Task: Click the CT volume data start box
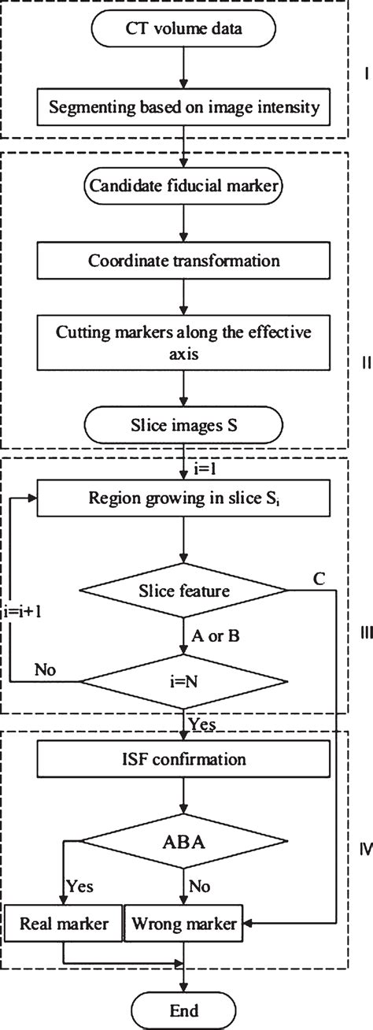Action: pos(184,30)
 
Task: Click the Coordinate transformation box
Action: pos(184,260)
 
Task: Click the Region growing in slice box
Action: pos(184,498)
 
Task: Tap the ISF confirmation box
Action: pos(184,760)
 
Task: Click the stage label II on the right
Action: pos(364,363)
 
